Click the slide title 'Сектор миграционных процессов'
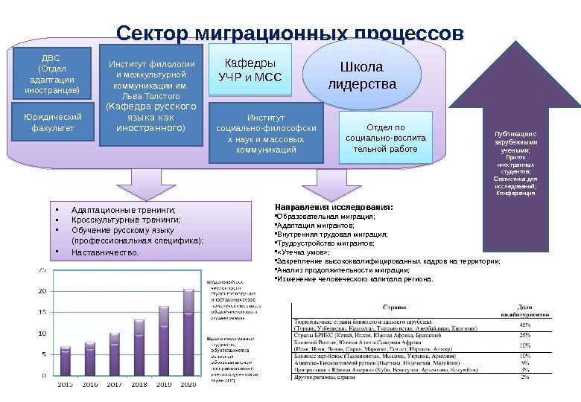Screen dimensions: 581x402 coord(290,34)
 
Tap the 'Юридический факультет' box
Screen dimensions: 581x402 coord(52,123)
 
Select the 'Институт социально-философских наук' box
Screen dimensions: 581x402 coord(266,133)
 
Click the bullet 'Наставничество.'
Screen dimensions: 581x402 coord(105,252)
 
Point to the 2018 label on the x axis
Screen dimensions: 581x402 coord(139,384)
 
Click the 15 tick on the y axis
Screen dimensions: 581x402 coord(42,312)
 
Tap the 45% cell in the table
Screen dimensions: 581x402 coord(525,325)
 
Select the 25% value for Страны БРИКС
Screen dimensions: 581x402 coord(525,335)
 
